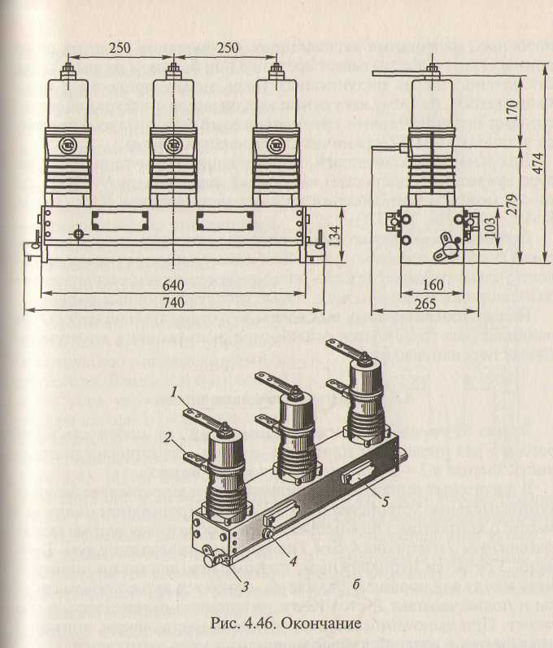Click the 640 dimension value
coord(172,286)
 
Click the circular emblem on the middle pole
coord(172,145)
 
